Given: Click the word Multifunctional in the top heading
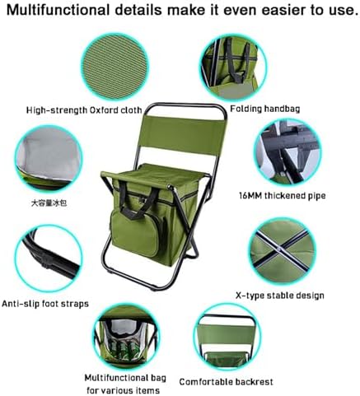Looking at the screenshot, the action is click(x=58, y=10).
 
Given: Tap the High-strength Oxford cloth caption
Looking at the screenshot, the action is click(x=84, y=110).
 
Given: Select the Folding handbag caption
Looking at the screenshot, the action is click(x=265, y=109).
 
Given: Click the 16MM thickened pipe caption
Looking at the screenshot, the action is click(x=283, y=196).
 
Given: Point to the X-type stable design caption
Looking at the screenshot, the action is click(x=280, y=296).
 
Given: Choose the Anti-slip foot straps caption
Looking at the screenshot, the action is click(x=45, y=304).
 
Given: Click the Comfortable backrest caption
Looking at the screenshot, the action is click(x=226, y=382).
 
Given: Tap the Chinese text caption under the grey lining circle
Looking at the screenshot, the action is click(x=49, y=203).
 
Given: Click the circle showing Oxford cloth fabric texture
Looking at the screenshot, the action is click(x=115, y=67).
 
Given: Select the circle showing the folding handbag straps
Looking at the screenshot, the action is click(x=233, y=68).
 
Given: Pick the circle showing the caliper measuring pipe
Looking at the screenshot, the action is click(x=287, y=152).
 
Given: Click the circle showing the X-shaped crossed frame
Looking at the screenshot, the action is click(x=282, y=251).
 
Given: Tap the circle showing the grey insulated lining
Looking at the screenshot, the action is click(x=49, y=159).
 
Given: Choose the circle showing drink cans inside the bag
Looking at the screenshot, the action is click(x=126, y=337).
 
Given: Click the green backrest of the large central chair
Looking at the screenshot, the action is click(x=184, y=130).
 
